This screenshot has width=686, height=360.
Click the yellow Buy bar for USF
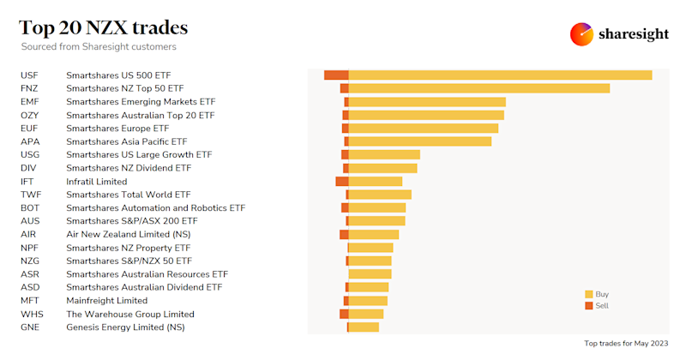click(500, 75)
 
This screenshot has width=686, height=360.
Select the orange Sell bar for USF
click(336, 75)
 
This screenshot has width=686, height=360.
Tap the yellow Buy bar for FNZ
click(479, 88)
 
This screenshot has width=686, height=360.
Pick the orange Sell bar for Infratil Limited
click(342, 182)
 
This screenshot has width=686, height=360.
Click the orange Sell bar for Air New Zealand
click(344, 235)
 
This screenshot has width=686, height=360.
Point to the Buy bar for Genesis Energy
click(364, 327)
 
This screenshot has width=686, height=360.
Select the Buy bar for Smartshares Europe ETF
click(424, 129)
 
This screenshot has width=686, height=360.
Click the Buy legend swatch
click(589, 294)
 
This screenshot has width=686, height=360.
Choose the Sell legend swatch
click(589, 306)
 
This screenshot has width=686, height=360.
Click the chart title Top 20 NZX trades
click(104, 28)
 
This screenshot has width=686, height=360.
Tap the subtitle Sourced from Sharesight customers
click(99, 47)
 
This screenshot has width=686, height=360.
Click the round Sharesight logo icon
click(582, 34)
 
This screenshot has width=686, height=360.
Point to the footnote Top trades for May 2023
click(626, 344)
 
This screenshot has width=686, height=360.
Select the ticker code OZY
click(30, 115)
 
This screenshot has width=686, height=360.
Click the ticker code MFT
click(30, 301)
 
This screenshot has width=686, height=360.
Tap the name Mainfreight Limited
click(107, 301)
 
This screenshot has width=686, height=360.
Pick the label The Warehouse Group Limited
click(130, 315)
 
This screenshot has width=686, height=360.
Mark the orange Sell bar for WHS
click(344, 315)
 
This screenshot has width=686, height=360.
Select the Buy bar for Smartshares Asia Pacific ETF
click(420, 141)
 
